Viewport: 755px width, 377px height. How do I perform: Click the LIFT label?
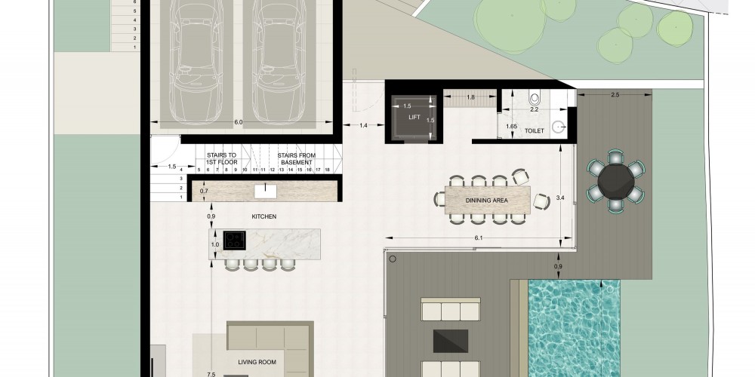pos(414,118)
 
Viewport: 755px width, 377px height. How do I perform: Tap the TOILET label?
pos(535,130)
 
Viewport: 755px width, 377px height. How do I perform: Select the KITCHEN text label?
pos(264,217)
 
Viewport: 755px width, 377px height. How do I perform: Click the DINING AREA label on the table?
pos(487,201)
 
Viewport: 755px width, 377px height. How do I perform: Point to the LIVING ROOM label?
pos(257,362)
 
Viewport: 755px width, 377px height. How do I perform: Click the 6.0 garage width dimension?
pos(239,122)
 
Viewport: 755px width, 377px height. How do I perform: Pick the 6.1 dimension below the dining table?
pos(478,238)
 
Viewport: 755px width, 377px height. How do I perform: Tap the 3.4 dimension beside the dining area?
pos(560,197)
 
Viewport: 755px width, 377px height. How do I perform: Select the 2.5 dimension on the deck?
pos(615,95)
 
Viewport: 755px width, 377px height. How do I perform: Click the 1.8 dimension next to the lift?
pos(471,97)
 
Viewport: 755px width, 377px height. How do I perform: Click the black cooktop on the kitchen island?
pos(235,240)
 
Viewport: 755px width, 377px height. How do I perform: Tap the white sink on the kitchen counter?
pos(266,191)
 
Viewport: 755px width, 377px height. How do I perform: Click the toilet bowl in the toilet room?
pos(535,99)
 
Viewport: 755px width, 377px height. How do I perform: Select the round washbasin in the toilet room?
pos(559,127)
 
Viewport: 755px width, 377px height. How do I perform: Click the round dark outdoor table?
pos(616,181)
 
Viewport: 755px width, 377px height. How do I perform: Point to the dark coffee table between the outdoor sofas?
pos(451,341)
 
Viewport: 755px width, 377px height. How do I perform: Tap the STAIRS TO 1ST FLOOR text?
pos(221,158)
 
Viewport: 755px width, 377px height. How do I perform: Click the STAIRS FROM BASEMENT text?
pos(297,158)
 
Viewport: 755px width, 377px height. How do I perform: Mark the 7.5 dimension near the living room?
pos(211,374)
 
